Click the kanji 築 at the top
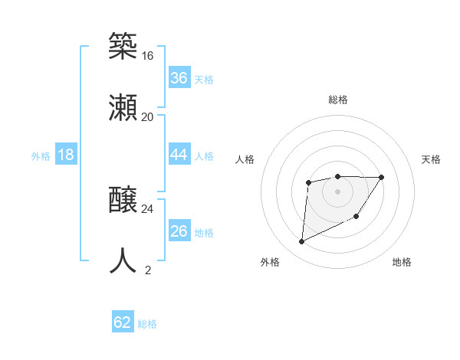tap(123, 47)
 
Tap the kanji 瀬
tap(123, 108)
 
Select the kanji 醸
tap(123, 201)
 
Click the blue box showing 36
tap(179, 78)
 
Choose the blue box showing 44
tap(179, 155)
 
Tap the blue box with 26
tap(179, 231)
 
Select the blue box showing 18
tap(66, 155)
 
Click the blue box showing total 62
tap(123, 322)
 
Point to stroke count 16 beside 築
tap(147, 56)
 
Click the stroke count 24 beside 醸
tap(147, 208)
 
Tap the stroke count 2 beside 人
tap(148, 270)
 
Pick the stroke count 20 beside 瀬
tap(147, 116)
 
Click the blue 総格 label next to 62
tap(147, 324)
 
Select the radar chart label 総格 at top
tap(337, 100)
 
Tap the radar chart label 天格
tap(431, 159)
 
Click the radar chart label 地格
tap(402, 262)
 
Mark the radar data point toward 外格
tap(301, 242)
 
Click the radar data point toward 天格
tap(382, 178)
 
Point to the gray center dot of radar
tap(337, 191)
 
